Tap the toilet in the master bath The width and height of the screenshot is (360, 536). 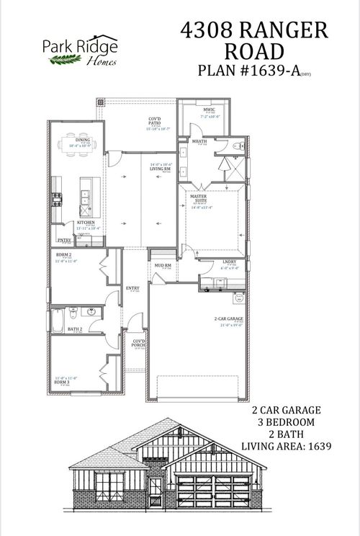[x=240, y=146]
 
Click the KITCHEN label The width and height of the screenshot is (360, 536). [x=86, y=223]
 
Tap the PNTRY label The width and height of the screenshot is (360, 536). [x=63, y=241]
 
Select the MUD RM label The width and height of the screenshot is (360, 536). [x=163, y=266]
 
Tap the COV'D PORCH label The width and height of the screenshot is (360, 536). [x=138, y=344]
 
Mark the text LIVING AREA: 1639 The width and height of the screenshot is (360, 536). [x=286, y=447]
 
